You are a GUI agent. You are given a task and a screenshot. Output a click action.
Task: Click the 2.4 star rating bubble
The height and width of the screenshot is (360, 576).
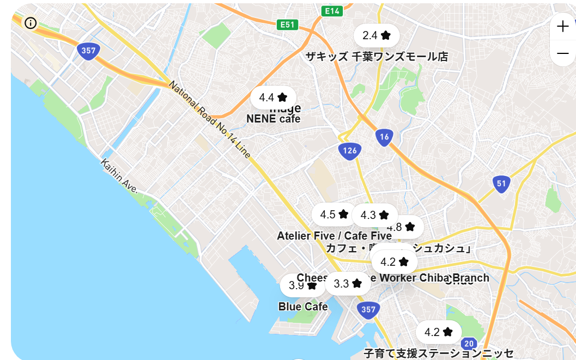point(377,35)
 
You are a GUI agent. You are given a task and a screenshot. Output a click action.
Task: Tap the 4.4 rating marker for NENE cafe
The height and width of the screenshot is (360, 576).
point(273,97)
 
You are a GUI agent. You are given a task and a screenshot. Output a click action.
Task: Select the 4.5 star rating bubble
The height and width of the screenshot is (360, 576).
point(334,214)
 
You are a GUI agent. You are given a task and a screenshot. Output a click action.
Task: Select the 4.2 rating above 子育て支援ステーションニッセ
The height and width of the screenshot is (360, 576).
point(439,332)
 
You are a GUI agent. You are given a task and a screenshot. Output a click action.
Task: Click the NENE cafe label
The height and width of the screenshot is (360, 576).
point(273,119)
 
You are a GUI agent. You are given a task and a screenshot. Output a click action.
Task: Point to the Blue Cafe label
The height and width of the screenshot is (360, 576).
point(303,307)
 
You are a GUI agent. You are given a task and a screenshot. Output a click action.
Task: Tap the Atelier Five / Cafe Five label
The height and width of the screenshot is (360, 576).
point(334,236)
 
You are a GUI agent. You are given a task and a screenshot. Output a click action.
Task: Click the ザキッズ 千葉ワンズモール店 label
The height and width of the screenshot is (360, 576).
point(377,57)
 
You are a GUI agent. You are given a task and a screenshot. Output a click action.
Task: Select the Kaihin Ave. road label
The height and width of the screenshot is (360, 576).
point(119,175)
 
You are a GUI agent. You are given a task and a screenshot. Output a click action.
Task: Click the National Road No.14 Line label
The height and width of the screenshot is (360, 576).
point(210,120)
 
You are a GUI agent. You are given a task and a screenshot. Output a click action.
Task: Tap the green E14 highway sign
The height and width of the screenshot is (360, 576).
point(332,11)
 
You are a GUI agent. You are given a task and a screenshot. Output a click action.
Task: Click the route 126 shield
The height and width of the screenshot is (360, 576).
point(350,150)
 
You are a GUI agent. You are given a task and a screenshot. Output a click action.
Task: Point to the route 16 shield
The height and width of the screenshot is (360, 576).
point(384,137)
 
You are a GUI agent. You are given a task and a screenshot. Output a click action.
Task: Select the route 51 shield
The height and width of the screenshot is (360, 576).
point(501,184)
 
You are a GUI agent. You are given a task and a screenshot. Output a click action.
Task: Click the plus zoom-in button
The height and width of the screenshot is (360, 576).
point(562,26)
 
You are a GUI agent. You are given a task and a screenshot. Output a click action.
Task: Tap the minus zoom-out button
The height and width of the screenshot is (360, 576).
point(562,53)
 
